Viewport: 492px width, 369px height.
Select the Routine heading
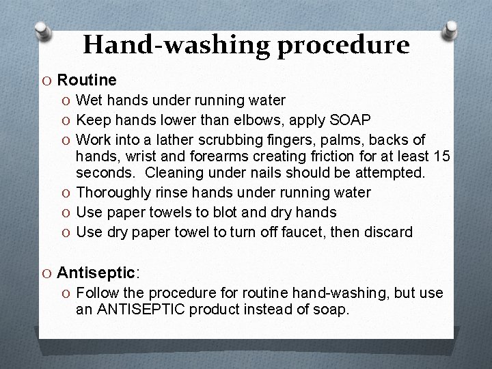tap(87, 81)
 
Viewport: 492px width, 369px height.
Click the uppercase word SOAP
tap(351, 120)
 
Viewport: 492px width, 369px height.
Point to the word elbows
tap(264, 120)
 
